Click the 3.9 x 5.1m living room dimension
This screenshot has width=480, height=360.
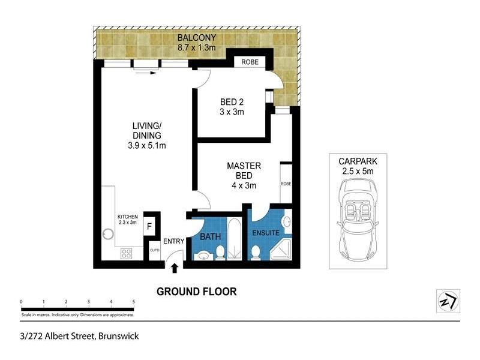148,145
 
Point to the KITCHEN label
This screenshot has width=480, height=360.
127,217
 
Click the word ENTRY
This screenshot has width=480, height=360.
174,241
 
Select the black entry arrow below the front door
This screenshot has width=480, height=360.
175,268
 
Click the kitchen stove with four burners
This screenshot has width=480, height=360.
127,253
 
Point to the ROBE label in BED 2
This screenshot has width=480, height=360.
250,62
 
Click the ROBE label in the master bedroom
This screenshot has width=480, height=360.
286,184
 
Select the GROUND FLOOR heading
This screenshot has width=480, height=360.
196,292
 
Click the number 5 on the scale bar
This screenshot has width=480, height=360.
133,301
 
